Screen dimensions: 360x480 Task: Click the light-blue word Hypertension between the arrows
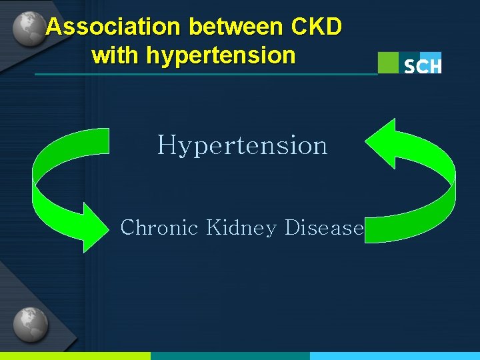pos(242,145)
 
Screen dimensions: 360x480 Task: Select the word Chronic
pos(159,228)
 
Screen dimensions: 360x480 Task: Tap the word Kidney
pos(241,228)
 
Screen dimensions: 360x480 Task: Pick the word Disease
pos(324,228)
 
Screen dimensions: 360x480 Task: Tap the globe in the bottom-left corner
pos(30,325)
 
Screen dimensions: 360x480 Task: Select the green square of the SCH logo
pos(388,63)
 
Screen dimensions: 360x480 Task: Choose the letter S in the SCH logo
pos(410,66)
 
